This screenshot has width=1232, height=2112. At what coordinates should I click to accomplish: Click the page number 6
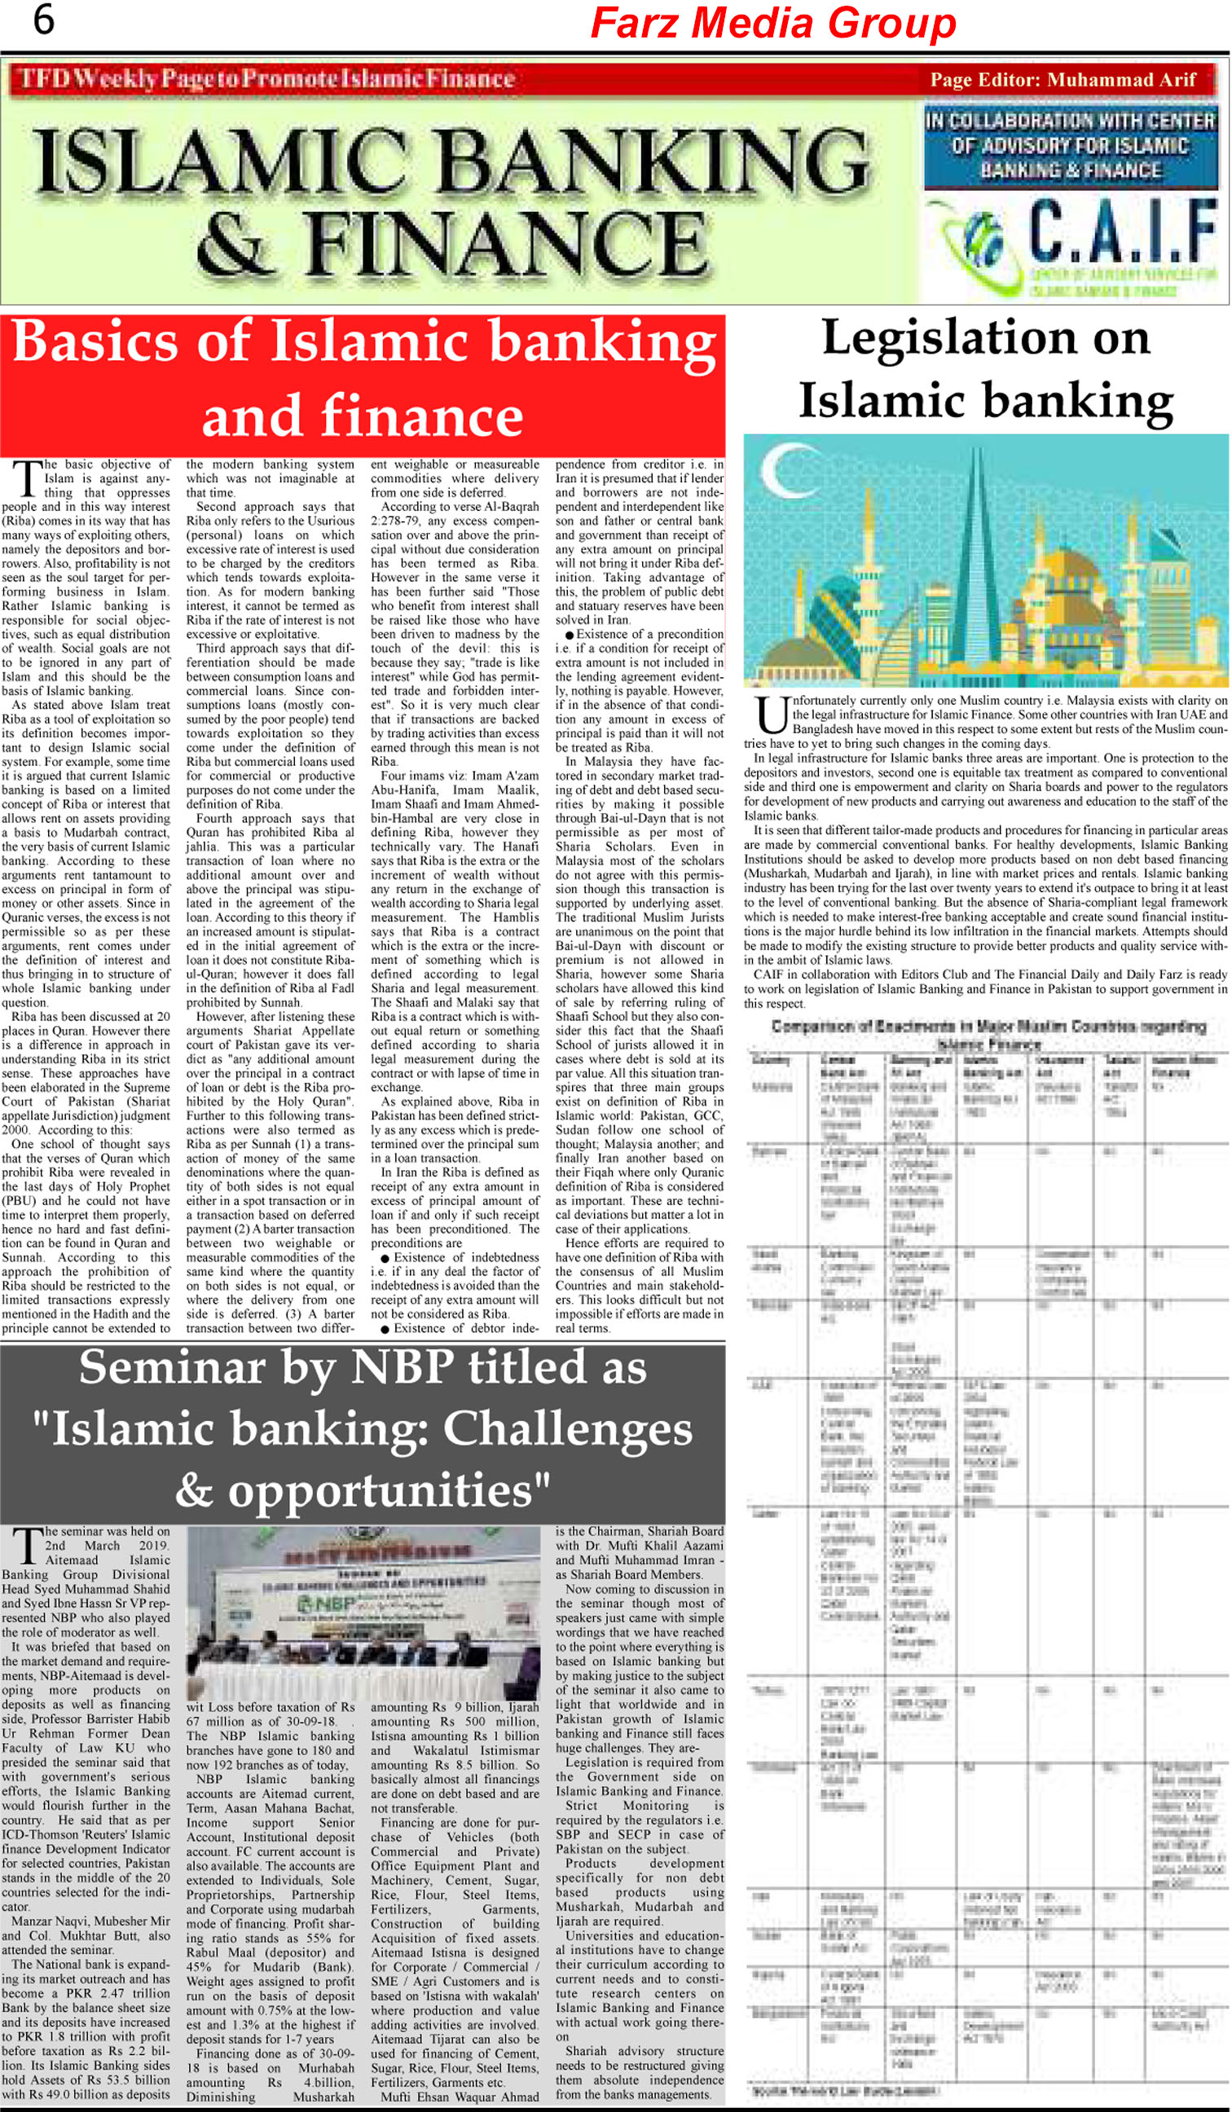click(x=43, y=20)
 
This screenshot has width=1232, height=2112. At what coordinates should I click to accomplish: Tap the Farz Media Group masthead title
click(x=772, y=24)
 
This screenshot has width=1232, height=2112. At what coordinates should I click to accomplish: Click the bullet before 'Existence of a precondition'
click(x=569, y=636)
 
